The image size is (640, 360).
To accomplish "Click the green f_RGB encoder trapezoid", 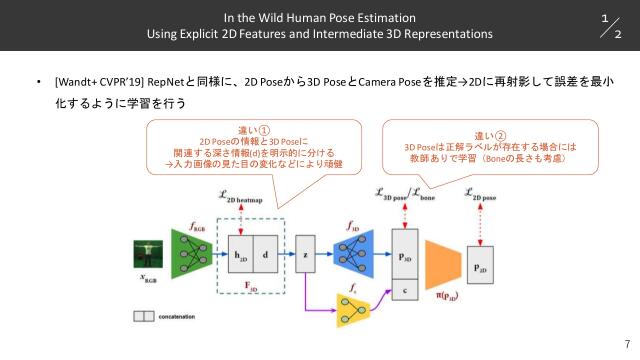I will tap(189, 255).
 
